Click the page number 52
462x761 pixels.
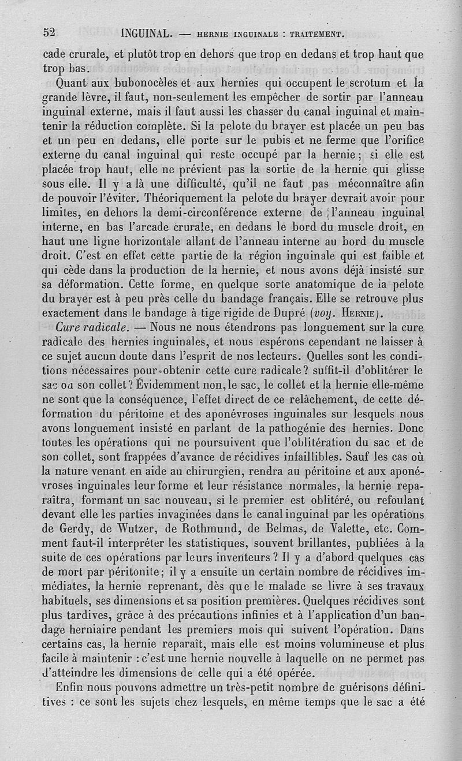pyautogui.click(x=49, y=32)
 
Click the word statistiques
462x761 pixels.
pyautogui.click(x=217, y=544)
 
